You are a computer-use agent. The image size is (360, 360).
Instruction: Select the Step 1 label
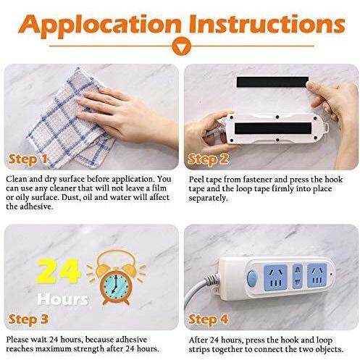[x=28, y=159]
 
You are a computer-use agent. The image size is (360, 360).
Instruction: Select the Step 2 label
[x=208, y=159]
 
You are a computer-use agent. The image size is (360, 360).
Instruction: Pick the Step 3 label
[x=28, y=319]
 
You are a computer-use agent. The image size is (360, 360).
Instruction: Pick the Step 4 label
[x=208, y=319]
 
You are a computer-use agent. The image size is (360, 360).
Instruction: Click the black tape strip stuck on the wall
[x=272, y=82]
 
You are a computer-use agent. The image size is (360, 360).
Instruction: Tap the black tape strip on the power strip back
[x=273, y=128]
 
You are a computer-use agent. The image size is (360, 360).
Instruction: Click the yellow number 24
[x=58, y=271]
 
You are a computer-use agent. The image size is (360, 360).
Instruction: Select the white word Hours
[x=62, y=299]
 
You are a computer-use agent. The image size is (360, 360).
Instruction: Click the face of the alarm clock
[x=114, y=285]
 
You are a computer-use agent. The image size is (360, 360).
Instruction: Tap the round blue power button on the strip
[x=251, y=278]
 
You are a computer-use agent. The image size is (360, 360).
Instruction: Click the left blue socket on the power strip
[x=275, y=277]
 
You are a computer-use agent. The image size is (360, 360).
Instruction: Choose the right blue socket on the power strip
[x=317, y=275]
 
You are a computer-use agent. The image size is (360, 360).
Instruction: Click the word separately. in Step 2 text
[x=208, y=198]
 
